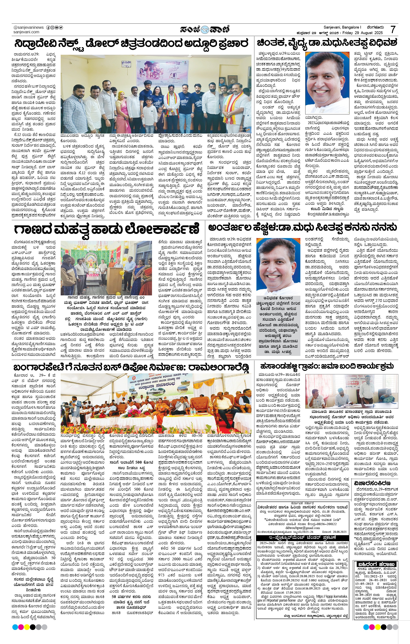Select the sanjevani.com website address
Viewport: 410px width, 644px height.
pyautogui.click(x=26, y=32)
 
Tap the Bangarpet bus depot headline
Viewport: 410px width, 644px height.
pyautogui.click(x=131, y=367)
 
